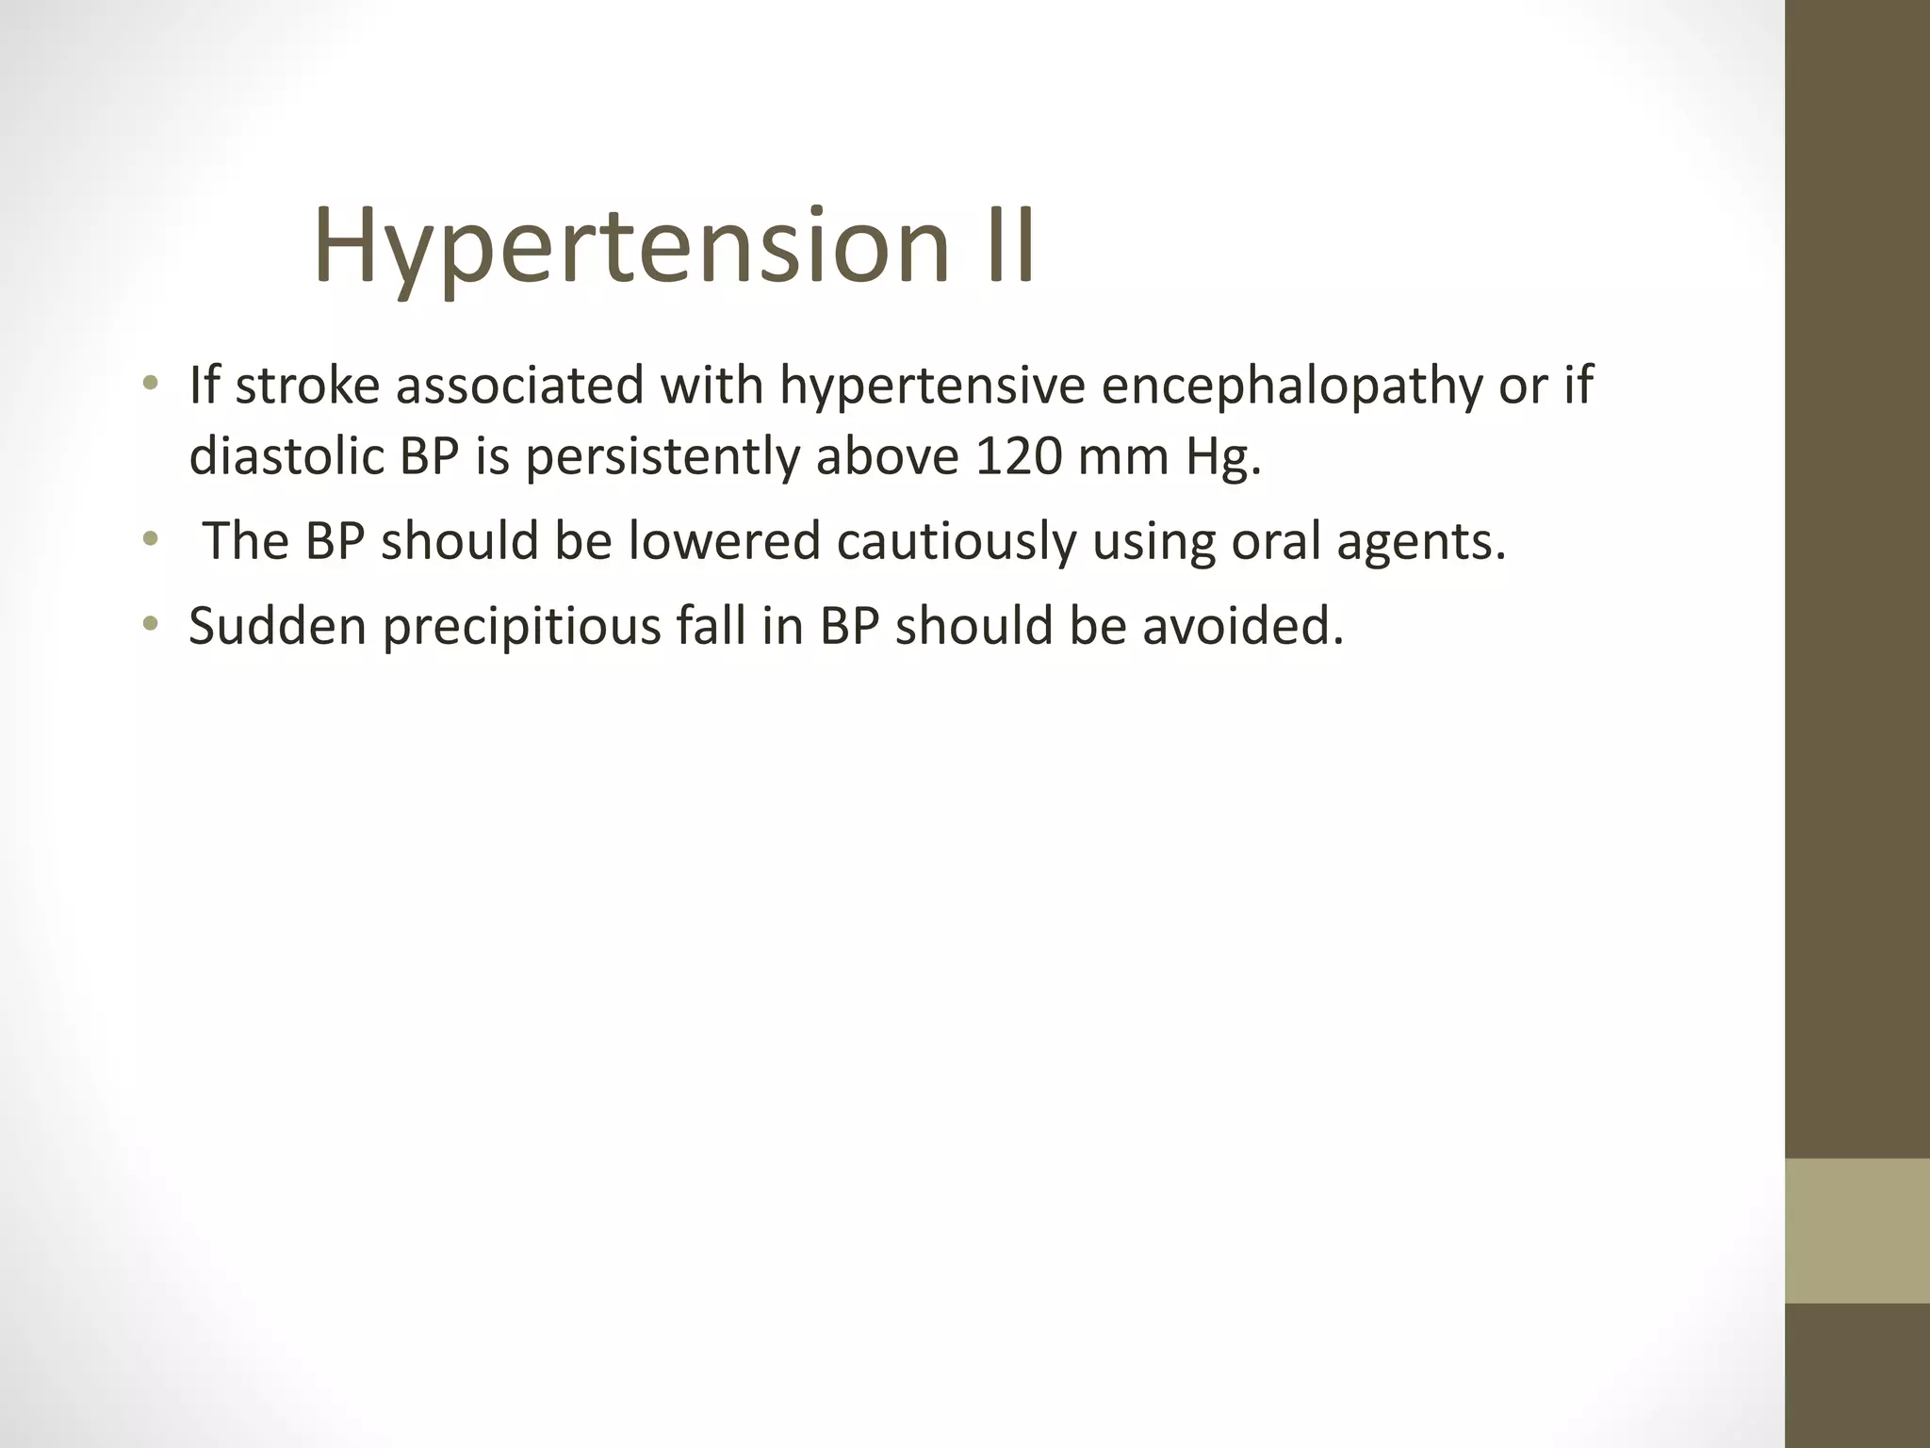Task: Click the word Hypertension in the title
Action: (630, 247)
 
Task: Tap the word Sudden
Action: (277, 626)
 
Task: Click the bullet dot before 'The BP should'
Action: (150, 540)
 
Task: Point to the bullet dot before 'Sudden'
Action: (150, 624)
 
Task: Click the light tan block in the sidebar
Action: (1857, 1230)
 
